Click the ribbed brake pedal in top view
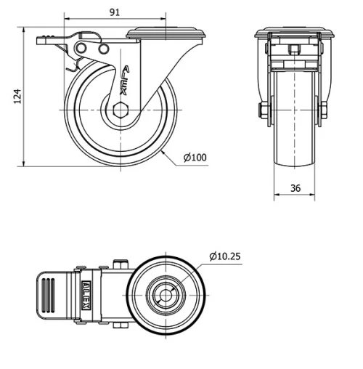pyautogui.click(x=55, y=296)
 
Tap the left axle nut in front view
pyautogui.click(x=263, y=110)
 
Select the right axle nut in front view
pyautogui.click(x=324, y=110)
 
